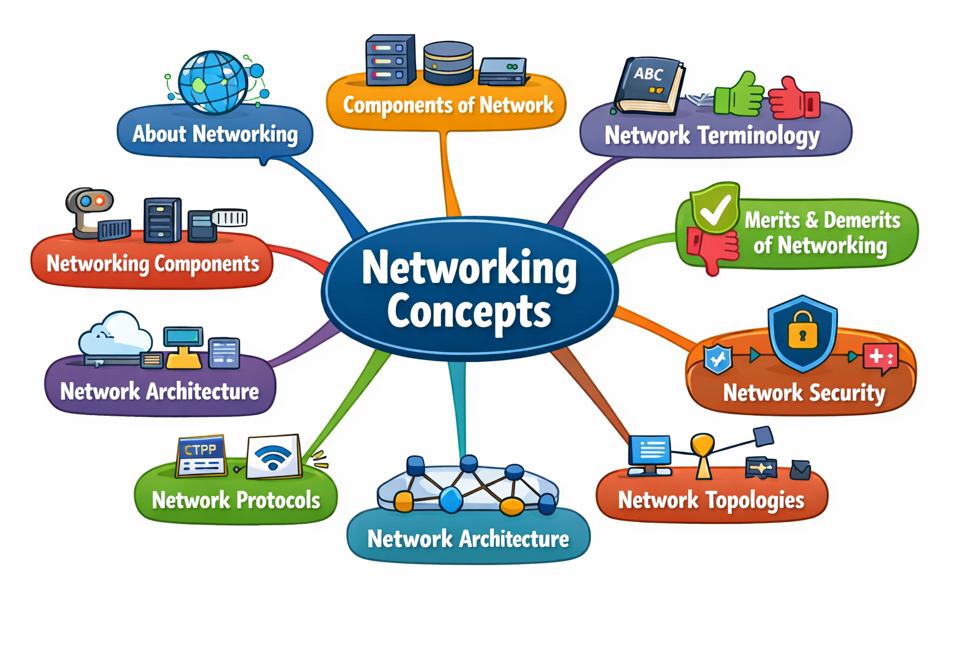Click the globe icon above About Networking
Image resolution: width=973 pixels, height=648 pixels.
point(213,82)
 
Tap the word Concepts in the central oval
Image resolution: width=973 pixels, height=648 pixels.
point(469,311)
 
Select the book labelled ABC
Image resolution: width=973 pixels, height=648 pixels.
point(650,85)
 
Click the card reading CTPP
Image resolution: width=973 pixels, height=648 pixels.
point(201,455)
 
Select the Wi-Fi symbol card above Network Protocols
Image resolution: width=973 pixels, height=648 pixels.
point(274,456)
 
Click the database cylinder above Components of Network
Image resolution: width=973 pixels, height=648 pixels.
point(448,63)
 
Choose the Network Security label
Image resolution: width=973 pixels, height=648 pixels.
point(804,393)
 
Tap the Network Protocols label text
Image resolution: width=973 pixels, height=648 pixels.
point(236,501)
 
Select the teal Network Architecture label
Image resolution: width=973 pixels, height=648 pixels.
point(468,539)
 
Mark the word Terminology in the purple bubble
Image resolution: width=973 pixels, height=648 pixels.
point(758,135)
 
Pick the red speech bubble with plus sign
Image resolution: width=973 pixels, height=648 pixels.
point(881,356)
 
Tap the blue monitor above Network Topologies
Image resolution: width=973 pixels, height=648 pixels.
point(650,452)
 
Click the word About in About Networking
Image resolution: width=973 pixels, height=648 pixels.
point(159,134)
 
